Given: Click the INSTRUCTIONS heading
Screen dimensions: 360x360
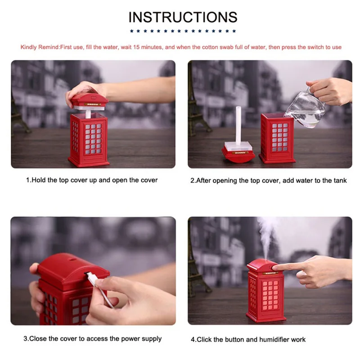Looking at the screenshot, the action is pos(183,17).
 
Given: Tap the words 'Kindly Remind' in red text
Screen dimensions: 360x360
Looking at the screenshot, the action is pos(40,47).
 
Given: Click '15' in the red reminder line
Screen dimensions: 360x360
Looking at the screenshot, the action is pos(136,47).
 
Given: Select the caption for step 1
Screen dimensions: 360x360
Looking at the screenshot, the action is pos(92,180).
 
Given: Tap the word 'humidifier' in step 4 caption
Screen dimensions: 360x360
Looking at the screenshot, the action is pos(274,340).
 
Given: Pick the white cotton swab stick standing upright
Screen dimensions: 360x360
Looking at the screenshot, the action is pos(238,126).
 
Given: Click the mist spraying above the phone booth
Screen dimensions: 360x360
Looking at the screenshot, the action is pos(267,237).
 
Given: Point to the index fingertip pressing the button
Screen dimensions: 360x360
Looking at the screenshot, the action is pos(274,267).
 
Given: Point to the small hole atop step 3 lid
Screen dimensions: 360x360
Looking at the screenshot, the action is pos(73,259).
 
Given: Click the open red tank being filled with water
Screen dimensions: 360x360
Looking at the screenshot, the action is pos(277,138).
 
